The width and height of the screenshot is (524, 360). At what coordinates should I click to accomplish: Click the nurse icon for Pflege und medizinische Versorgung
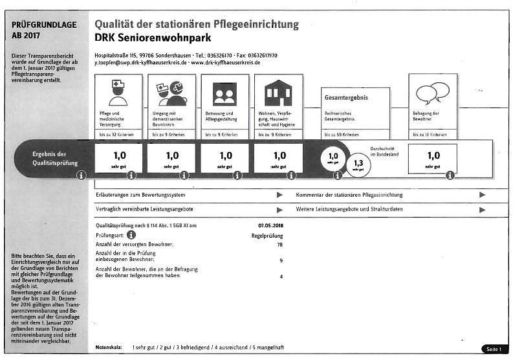[118, 93]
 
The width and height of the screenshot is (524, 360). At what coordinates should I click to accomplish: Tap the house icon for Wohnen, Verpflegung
[278, 93]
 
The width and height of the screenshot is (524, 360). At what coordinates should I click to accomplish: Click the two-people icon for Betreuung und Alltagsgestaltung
[224, 94]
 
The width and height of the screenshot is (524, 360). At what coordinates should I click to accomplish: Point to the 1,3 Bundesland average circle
[358, 164]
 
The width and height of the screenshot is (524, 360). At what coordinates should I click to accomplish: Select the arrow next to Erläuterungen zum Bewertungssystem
[279, 194]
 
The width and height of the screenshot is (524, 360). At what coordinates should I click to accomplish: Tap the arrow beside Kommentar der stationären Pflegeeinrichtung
[482, 194]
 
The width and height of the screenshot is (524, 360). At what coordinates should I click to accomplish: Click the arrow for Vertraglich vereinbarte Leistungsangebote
[279, 209]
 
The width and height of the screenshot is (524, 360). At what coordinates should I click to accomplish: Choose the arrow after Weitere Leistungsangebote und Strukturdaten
[482, 209]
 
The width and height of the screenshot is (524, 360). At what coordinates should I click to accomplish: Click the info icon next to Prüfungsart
[131, 234]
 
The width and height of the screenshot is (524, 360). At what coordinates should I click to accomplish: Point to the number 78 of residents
[279, 245]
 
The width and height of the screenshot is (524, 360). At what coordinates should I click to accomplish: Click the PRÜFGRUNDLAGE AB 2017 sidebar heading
[44, 30]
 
